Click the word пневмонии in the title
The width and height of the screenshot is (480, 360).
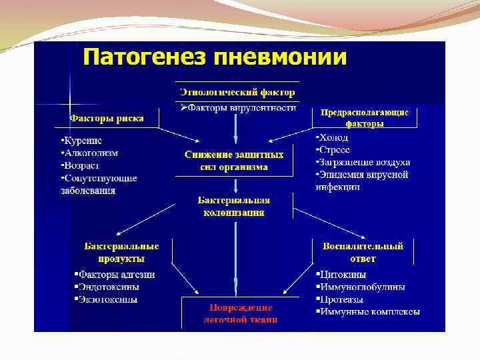click(279, 57)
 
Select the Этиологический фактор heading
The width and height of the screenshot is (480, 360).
click(237, 91)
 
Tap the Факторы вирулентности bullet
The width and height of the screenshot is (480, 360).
click(239, 107)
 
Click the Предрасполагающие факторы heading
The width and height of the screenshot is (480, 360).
click(365, 118)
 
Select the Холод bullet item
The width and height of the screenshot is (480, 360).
click(335, 138)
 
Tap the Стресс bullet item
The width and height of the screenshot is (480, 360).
click(335, 150)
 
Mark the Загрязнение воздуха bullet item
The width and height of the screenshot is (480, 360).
click(365, 162)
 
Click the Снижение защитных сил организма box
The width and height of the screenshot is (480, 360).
click(234, 161)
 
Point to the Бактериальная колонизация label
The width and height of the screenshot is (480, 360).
click(233, 206)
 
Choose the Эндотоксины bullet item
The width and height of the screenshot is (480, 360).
click(109, 287)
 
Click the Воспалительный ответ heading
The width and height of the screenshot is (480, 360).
click(363, 252)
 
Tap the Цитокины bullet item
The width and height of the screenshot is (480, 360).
click(344, 275)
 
